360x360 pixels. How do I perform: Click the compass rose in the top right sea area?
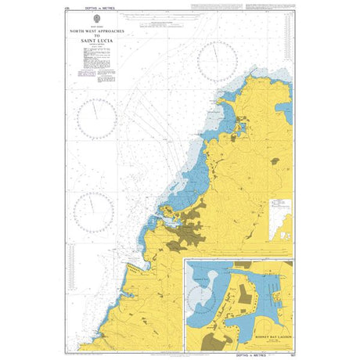coord(219,61)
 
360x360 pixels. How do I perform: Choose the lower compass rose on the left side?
coord(94,211)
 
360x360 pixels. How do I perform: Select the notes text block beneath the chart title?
coord(96,71)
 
